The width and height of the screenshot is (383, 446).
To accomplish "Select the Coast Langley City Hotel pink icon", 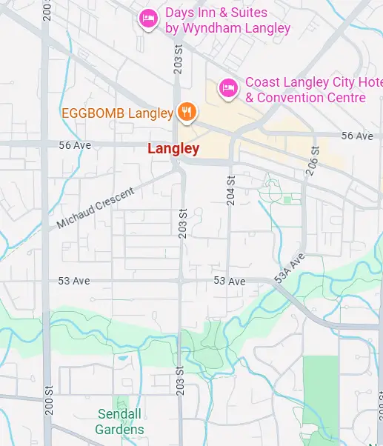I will pyautogui.click(x=228, y=89).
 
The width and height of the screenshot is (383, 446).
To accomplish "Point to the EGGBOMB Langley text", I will pyautogui.click(x=118, y=113).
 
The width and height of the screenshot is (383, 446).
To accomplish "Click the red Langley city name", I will pyautogui.click(x=173, y=149).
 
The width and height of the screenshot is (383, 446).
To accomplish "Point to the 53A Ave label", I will pyautogui.click(x=290, y=269).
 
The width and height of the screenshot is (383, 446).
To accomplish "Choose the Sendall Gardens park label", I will pyautogui.click(x=120, y=421).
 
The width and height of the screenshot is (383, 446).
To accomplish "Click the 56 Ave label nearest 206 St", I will pyautogui.click(x=357, y=136).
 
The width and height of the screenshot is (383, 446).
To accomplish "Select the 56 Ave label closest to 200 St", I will pyautogui.click(x=75, y=145).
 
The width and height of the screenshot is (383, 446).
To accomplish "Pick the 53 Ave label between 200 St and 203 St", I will pyautogui.click(x=74, y=281).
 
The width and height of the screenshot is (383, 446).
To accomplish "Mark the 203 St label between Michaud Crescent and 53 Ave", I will pyautogui.click(x=181, y=224).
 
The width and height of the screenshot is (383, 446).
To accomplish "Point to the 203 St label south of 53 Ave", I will pyautogui.click(x=180, y=381).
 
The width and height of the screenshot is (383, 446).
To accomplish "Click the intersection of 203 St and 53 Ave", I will pyautogui.click(x=181, y=281).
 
